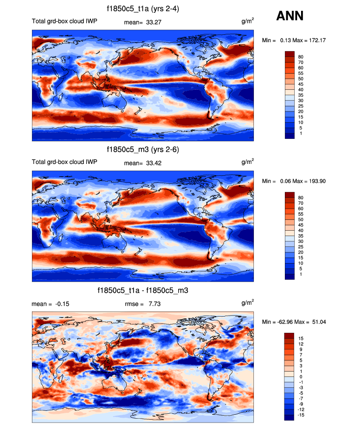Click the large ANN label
pyautogui.click(x=290, y=16)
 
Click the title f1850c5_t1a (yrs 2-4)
pyautogui.click(x=142, y=8)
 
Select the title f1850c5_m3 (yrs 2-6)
pyautogui.click(x=142, y=149)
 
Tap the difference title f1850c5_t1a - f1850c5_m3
pyautogui.click(x=143, y=291)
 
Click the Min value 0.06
pyautogui.click(x=283, y=181)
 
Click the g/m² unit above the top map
pyautogui.click(x=248, y=22)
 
